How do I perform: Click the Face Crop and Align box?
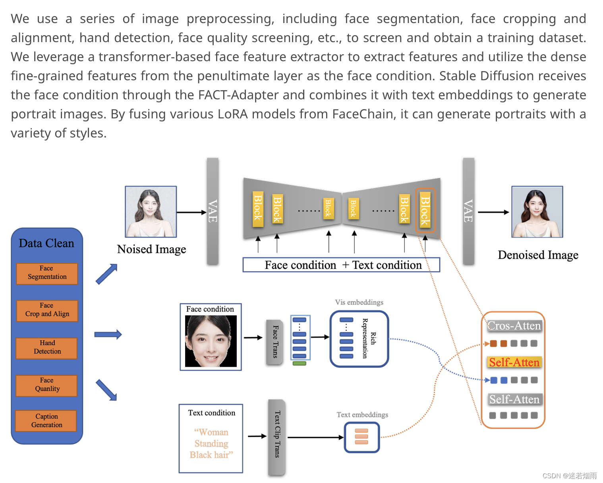[47, 310]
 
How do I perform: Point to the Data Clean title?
[46, 243]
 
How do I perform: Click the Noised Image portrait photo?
[151, 212]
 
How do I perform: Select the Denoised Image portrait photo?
[537, 212]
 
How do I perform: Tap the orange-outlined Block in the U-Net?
[425, 211]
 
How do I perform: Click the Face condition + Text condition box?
[341, 265]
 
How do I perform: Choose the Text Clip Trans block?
[277, 437]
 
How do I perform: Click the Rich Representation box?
[359, 338]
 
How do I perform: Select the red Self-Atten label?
[514, 362]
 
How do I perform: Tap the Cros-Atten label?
[514, 326]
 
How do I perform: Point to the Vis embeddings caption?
[359, 302]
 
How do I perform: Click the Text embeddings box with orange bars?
[361, 437]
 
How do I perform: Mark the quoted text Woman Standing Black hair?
[211, 443]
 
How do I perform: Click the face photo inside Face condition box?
[211, 341]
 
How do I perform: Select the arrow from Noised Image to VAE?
[191, 212]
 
